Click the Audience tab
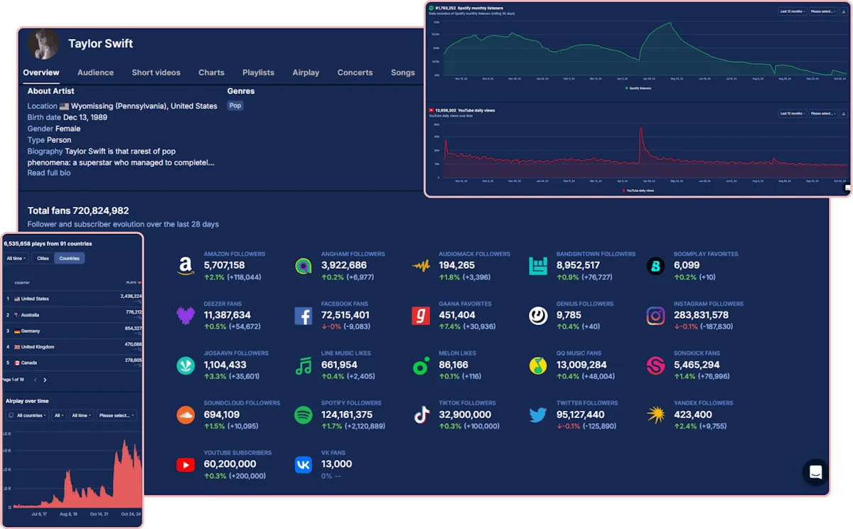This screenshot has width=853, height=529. pos(95,73)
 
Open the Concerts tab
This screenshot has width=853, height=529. pos(355,73)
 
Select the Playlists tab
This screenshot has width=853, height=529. pos(258,73)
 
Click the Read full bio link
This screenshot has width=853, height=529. pos(49,173)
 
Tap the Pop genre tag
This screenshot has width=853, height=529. pos(235,105)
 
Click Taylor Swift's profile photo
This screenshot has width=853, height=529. pos(43,44)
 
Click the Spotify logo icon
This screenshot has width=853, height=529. pos(304,415)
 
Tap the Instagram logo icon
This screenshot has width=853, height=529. pos(655,316)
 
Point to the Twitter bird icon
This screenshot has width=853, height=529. pos(537,415)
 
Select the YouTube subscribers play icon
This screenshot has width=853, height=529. pos(185,465)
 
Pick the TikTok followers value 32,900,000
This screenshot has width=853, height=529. pos(465,415)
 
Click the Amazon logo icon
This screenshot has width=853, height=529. pos(185,266)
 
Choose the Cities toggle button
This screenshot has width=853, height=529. pos(43,258)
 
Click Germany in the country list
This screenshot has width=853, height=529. pos(31,331)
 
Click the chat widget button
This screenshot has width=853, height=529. pos(815,472)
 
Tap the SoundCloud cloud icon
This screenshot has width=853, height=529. pos(185,415)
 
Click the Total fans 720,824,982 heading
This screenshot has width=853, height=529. pos(78,210)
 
